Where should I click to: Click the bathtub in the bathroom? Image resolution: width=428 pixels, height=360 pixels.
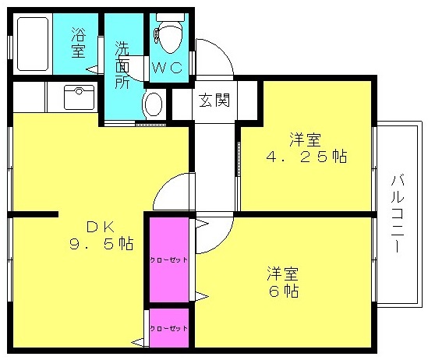coord(33,44)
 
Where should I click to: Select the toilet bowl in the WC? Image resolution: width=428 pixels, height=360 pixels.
coord(170,36)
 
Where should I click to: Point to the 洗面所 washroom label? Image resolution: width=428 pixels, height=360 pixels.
coord(122,65)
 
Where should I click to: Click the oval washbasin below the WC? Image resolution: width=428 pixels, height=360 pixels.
coord(154,104)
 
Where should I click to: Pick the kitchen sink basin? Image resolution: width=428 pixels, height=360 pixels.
coord(80,97)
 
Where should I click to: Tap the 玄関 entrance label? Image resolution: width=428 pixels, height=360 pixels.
coord(214,100)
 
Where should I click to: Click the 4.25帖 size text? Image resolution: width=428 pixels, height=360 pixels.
coord(306,157)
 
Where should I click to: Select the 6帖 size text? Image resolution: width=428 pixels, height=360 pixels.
coord(283,291)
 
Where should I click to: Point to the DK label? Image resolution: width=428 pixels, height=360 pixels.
coord(100,227)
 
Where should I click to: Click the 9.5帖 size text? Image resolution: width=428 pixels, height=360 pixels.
coord(101,244)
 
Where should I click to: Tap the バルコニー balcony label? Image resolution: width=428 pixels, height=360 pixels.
coord(397,214)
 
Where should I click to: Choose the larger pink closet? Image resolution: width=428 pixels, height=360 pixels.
coord(169,259)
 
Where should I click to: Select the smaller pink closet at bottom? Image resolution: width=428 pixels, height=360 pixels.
coord(169,328)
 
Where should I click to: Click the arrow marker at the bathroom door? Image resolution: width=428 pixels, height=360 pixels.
coord(92,69)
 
